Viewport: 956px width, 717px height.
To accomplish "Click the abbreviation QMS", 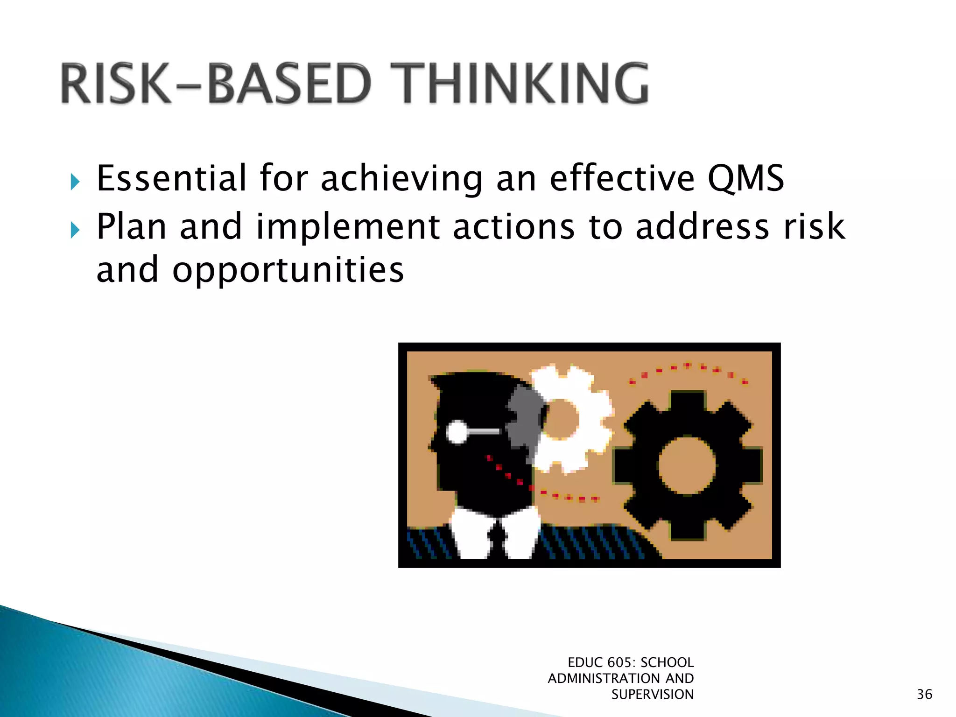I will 745,178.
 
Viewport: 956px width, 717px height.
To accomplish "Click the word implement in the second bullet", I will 348,227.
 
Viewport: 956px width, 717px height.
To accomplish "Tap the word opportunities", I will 288,271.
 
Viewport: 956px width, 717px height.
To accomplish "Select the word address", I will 702,227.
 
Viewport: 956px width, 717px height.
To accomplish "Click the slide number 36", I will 924,694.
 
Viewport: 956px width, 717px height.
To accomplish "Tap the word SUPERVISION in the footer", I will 652,695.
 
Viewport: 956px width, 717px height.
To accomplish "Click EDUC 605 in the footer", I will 599,662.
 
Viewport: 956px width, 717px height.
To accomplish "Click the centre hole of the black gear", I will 687,466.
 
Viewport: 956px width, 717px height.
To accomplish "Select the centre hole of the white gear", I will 562,419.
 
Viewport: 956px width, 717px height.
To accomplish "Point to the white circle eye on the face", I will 457,432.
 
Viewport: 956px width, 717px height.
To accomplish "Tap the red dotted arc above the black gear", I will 688,368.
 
